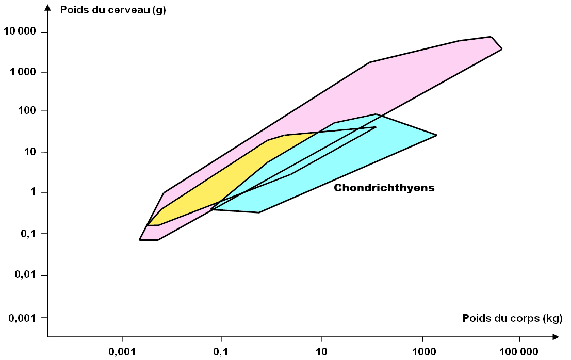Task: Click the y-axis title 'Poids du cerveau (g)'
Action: [x=112, y=10]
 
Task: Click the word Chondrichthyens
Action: [x=384, y=188]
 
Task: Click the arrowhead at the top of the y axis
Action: [x=48, y=7]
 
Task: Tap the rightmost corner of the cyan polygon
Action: [x=436, y=135]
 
